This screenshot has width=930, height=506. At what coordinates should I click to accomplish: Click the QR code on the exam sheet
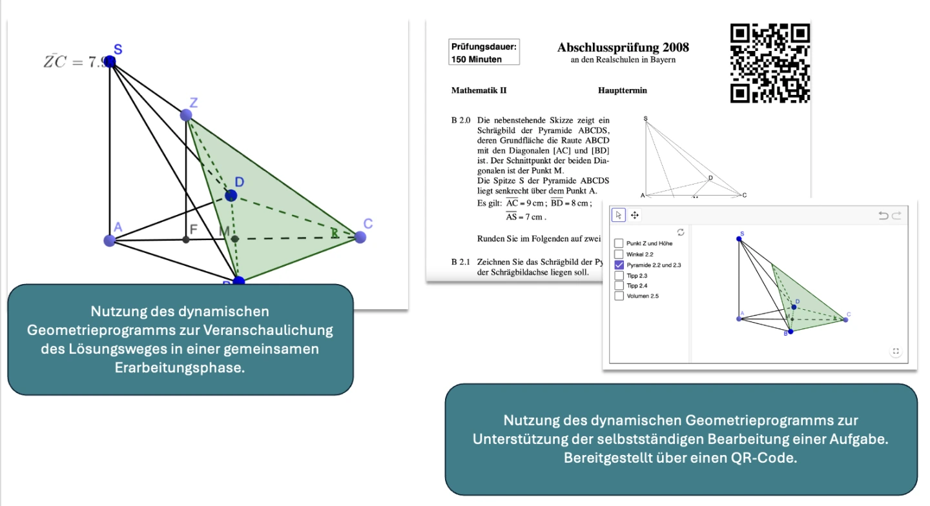[x=770, y=63]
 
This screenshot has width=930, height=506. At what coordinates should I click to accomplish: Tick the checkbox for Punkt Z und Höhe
[x=619, y=243]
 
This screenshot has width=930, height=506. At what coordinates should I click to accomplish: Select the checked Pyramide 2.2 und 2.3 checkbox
[x=619, y=265]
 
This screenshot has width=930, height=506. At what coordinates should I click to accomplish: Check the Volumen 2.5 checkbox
[x=619, y=296]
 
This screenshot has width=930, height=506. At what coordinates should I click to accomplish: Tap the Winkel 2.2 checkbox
[x=619, y=254]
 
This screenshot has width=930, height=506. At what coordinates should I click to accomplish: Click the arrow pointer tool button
[x=619, y=215]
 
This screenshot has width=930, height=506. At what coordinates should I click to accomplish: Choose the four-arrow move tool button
[x=635, y=215]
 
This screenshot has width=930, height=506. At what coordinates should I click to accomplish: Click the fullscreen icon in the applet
[x=895, y=352]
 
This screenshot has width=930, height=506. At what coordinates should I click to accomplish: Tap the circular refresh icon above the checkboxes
[x=680, y=232]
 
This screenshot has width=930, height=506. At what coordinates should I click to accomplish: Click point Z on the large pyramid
[x=186, y=116]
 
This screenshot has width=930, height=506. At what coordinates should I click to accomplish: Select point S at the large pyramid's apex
[x=110, y=61]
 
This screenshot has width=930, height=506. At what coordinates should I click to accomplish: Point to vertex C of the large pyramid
[x=360, y=237]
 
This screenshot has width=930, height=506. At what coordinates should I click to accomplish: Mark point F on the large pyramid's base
[x=186, y=239]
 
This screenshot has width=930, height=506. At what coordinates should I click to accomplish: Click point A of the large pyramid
[x=109, y=240]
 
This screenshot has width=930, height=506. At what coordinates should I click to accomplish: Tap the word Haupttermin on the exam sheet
[x=622, y=90]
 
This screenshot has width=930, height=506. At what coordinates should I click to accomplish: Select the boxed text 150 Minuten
[x=476, y=59]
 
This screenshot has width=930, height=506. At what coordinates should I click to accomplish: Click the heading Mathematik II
[x=479, y=90]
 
